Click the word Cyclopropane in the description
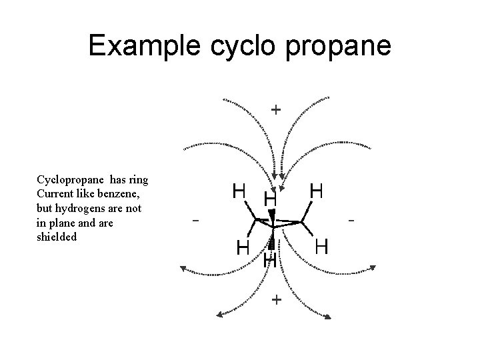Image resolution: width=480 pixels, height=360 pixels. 70,180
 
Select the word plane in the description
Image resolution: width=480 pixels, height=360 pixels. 66,222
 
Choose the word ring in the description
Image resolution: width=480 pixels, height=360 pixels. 137,180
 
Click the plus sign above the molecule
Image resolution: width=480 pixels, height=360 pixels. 275,109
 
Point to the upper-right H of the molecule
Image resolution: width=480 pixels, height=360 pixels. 317,191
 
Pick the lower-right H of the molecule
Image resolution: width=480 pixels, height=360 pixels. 321,247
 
